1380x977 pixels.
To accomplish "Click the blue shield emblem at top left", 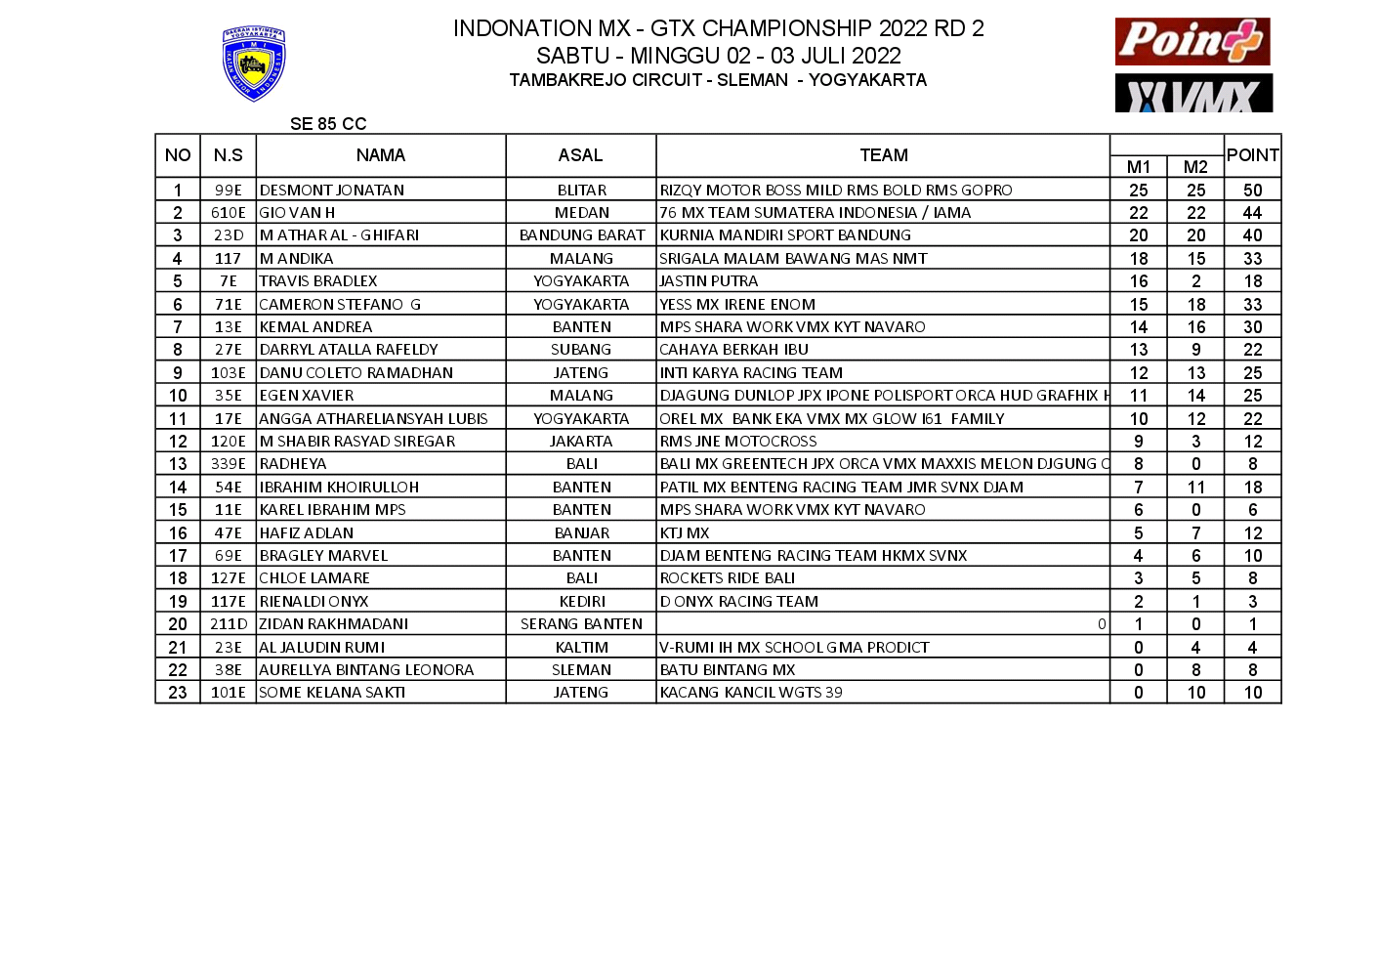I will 254,64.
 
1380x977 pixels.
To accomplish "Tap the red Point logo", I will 1192,41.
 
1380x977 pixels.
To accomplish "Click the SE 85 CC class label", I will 328,124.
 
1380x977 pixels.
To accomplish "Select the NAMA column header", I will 381,155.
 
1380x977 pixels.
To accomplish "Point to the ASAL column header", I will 581,155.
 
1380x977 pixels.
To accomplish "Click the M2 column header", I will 1195,167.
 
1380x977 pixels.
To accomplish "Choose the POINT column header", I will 1253,155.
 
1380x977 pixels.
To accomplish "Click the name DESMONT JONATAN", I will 332,191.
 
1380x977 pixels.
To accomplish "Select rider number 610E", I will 229,213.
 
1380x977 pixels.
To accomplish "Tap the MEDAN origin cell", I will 581,213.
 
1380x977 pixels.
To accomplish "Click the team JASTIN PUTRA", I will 709,281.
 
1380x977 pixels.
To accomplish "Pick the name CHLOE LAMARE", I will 314,578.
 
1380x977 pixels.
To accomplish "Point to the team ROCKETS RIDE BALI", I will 728,578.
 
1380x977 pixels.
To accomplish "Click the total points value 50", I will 1253,191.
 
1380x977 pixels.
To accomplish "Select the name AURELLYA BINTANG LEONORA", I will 366,670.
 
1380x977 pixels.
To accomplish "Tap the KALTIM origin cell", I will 581,648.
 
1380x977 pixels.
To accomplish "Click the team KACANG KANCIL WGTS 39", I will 751,693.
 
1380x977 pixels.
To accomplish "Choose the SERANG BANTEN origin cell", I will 581,624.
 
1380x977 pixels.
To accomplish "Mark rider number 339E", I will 229,464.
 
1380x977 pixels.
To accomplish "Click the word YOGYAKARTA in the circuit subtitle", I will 867,80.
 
